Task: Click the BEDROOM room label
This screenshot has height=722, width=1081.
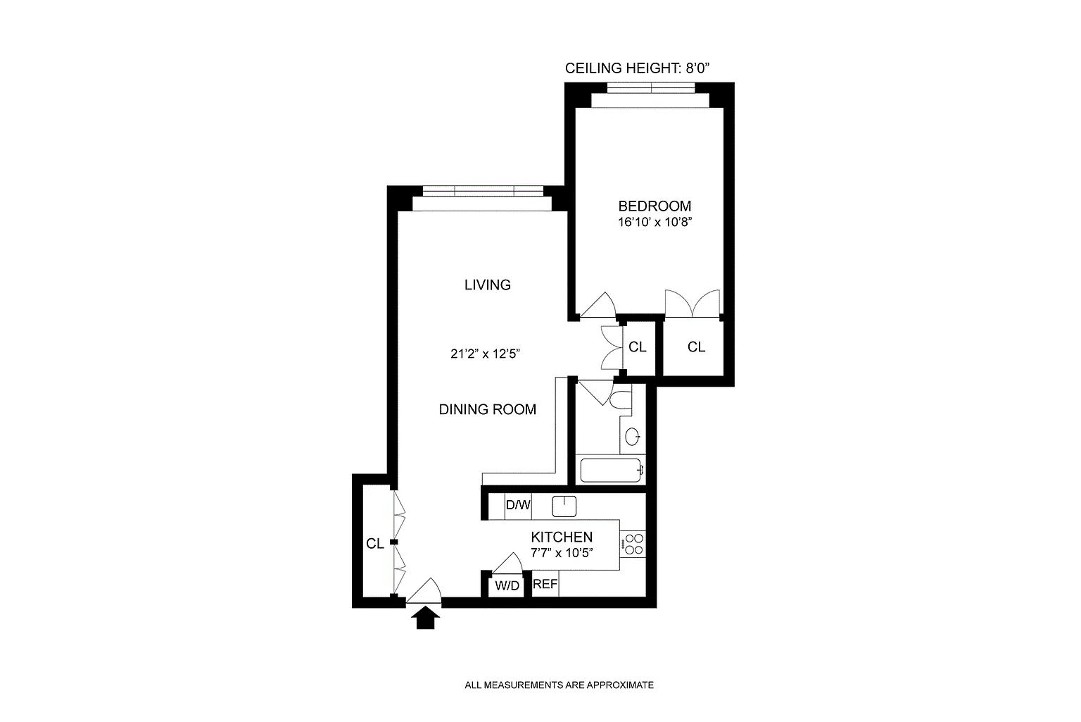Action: pos(655,206)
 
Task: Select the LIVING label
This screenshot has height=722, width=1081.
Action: pos(487,285)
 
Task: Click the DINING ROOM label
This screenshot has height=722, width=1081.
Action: pos(487,409)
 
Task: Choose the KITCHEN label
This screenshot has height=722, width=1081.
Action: pos(561,537)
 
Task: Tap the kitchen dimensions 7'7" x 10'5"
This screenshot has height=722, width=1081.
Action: pos(561,553)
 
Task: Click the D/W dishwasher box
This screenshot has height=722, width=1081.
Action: pos(518,505)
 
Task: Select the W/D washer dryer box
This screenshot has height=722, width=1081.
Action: pos(507,586)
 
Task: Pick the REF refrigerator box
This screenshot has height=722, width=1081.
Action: pos(545,585)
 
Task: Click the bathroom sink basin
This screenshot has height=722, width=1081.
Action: pos(632,437)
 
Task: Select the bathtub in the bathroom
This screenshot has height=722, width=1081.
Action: pos(611,470)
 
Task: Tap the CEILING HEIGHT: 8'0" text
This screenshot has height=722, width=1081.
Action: pos(640,68)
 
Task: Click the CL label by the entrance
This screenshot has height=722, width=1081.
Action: pos(374,544)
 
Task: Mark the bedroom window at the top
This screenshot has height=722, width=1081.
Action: pos(650,89)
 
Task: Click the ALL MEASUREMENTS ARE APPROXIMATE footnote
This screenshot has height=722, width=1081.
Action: pos(559,685)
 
